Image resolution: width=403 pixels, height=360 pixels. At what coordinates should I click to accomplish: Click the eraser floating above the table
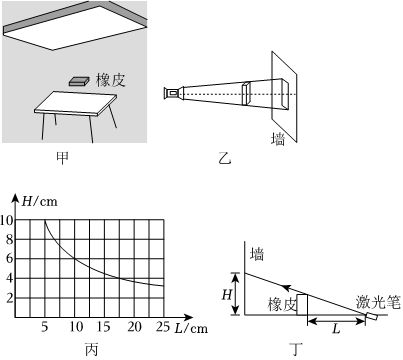click(x=79, y=81)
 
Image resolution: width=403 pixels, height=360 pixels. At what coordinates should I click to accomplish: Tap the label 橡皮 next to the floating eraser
click(x=111, y=80)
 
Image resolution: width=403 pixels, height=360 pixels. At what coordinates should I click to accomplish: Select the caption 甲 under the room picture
click(x=62, y=158)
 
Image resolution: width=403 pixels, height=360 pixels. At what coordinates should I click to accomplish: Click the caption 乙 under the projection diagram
click(x=224, y=158)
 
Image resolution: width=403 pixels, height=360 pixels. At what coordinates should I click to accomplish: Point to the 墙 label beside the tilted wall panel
click(x=278, y=139)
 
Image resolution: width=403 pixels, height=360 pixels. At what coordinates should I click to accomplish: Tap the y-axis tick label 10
click(x=7, y=220)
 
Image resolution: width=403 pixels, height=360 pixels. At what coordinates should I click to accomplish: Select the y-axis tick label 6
click(x=9, y=259)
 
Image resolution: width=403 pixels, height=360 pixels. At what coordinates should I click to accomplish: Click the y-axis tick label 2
click(x=9, y=298)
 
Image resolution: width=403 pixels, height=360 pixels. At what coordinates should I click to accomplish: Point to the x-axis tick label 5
click(x=45, y=327)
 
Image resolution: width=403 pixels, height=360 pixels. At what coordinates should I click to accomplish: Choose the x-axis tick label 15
click(x=104, y=327)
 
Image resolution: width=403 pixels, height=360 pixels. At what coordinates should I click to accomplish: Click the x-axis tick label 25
click(x=163, y=327)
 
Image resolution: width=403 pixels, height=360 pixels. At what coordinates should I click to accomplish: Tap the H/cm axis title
click(x=39, y=201)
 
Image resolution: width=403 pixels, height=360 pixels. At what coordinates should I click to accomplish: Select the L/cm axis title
click(x=191, y=329)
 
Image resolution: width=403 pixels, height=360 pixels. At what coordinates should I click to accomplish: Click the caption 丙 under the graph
click(x=91, y=349)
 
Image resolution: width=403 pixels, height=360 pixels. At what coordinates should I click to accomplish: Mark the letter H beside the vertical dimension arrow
click(x=227, y=295)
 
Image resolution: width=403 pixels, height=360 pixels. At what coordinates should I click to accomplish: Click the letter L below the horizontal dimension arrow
click(x=336, y=329)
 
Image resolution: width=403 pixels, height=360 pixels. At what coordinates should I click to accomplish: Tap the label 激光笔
click(x=378, y=302)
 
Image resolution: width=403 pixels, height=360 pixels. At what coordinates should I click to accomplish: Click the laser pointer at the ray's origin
click(x=371, y=316)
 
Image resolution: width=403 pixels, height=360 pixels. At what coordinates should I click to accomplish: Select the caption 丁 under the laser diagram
click(x=296, y=349)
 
